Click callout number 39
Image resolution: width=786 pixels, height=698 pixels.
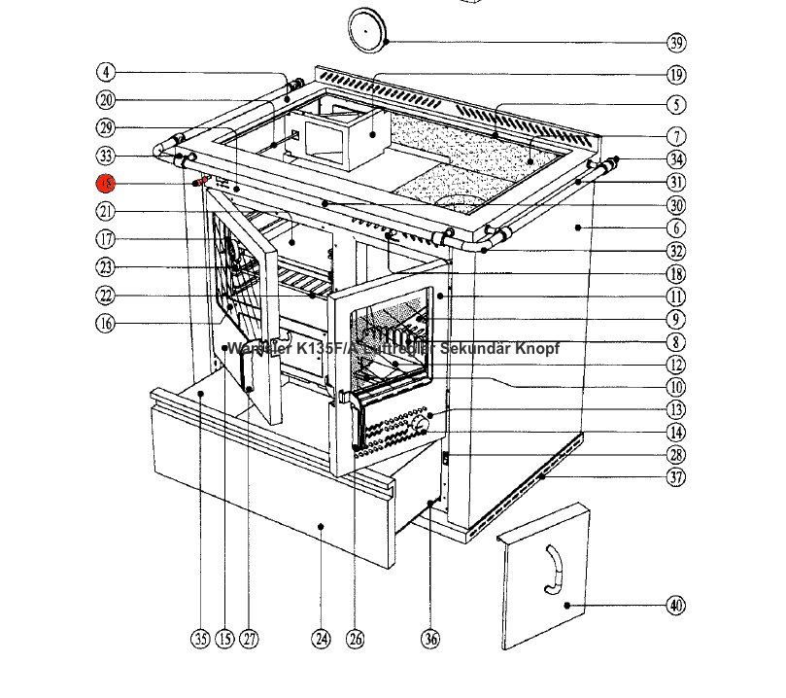[x=676, y=42]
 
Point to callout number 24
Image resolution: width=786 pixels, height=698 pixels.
[x=322, y=639]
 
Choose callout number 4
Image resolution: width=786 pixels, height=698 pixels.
[x=106, y=72]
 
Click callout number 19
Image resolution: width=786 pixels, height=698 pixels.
[x=676, y=74]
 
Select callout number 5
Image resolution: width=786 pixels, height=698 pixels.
[x=676, y=105]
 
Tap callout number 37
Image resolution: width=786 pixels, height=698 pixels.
[x=676, y=476]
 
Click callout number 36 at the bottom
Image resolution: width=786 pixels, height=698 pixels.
[x=430, y=639]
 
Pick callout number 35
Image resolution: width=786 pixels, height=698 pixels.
[x=199, y=639]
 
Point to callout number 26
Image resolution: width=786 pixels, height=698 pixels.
[x=356, y=639]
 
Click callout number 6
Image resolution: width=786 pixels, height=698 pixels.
[x=676, y=227]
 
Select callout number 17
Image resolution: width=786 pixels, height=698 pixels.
[x=106, y=239]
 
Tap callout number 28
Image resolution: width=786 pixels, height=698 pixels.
[x=676, y=454]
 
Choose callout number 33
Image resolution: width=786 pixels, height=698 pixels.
[x=106, y=156]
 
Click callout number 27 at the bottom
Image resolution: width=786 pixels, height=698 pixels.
[x=251, y=639]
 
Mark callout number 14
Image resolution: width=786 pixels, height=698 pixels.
[x=676, y=432]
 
